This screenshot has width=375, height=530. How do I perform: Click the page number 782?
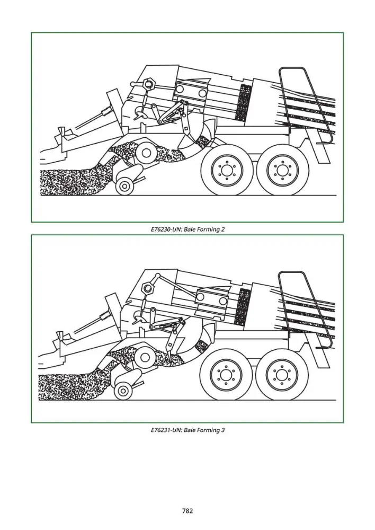pos(187,511)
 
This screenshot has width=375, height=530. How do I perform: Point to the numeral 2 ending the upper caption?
pos(223,229)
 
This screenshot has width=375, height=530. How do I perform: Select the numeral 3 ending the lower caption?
pos(223,430)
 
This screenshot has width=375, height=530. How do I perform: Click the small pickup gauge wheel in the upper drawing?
pos(124,185)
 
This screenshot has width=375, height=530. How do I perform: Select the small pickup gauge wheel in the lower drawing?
pos(123,391)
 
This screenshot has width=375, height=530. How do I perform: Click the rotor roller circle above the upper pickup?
pos(146,153)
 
